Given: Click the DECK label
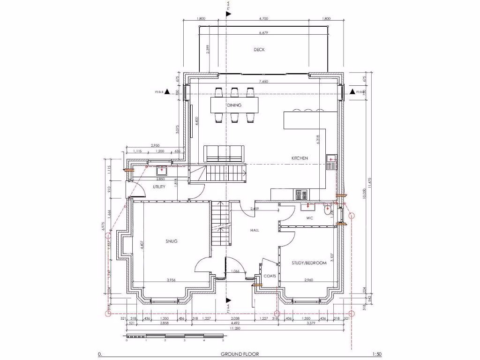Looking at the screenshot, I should (x=259, y=49).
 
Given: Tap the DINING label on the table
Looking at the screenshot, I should (x=234, y=105).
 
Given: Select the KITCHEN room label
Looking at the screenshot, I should (x=300, y=158).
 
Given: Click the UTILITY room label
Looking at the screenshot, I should (x=159, y=187).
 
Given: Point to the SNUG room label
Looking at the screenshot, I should (x=171, y=241).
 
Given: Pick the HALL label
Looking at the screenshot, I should (x=255, y=230).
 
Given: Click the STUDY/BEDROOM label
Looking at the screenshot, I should (x=308, y=263).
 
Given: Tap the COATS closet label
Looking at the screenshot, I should (x=270, y=276).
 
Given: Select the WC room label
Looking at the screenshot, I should (x=309, y=218).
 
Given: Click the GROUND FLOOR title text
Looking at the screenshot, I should (x=240, y=354).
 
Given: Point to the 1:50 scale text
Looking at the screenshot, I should (x=376, y=354).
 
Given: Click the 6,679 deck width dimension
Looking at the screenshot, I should (x=263, y=33).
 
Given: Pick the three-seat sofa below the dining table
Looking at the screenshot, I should (x=223, y=153).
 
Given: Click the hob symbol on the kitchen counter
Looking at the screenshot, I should (x=301, y=193).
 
